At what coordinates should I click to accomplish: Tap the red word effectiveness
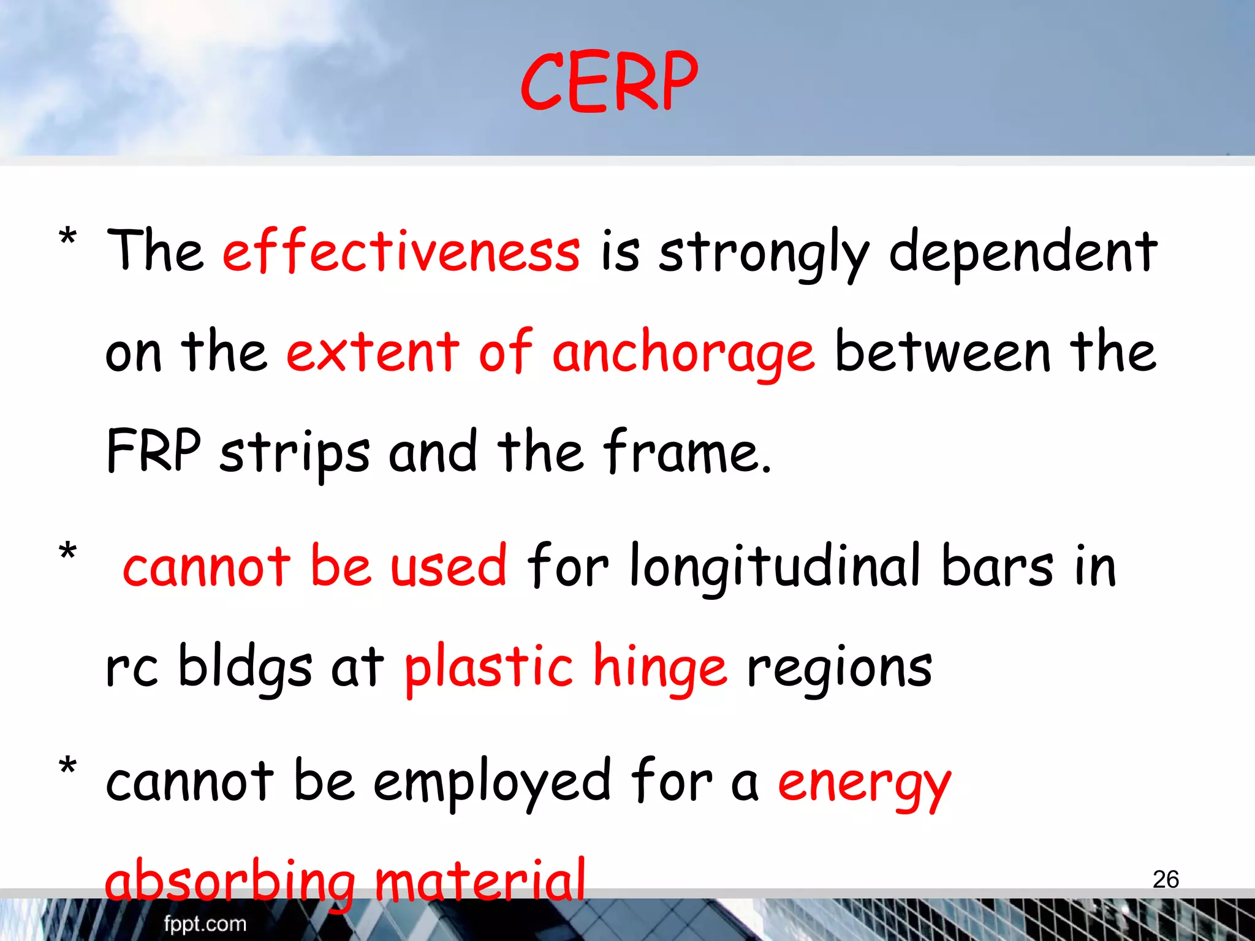(401, 251)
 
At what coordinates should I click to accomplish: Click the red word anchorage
(683, 353)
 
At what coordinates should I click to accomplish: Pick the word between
(943, 352)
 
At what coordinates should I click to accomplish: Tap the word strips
(295, 453)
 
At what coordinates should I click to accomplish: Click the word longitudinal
(775, 567)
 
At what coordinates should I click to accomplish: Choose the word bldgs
(245, 668)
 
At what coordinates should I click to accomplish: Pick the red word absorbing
(230, 882)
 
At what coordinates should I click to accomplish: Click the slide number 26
(1166, 880)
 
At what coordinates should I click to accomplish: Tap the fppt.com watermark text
(205, 924)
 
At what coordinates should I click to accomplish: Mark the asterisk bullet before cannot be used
(68, 551)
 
